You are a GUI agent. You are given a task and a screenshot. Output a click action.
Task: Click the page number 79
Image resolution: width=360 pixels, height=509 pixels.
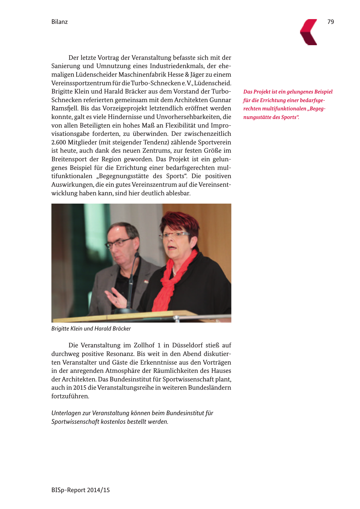click(330, 22)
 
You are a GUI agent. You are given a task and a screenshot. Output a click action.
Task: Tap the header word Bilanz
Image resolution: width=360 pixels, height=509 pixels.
click(59, 22)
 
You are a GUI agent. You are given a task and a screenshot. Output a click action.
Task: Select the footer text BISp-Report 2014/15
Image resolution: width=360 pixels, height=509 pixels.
click(80, 490)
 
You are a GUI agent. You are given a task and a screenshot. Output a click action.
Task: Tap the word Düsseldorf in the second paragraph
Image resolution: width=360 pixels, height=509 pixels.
click(187, 345)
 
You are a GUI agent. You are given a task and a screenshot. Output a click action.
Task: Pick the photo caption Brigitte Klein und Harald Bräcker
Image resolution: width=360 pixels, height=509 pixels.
click(91, 328)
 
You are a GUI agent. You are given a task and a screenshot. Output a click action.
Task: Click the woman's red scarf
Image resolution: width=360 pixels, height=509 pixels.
click(173, 280)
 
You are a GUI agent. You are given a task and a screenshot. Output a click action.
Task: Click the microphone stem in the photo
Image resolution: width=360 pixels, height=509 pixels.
click(131, 280)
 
